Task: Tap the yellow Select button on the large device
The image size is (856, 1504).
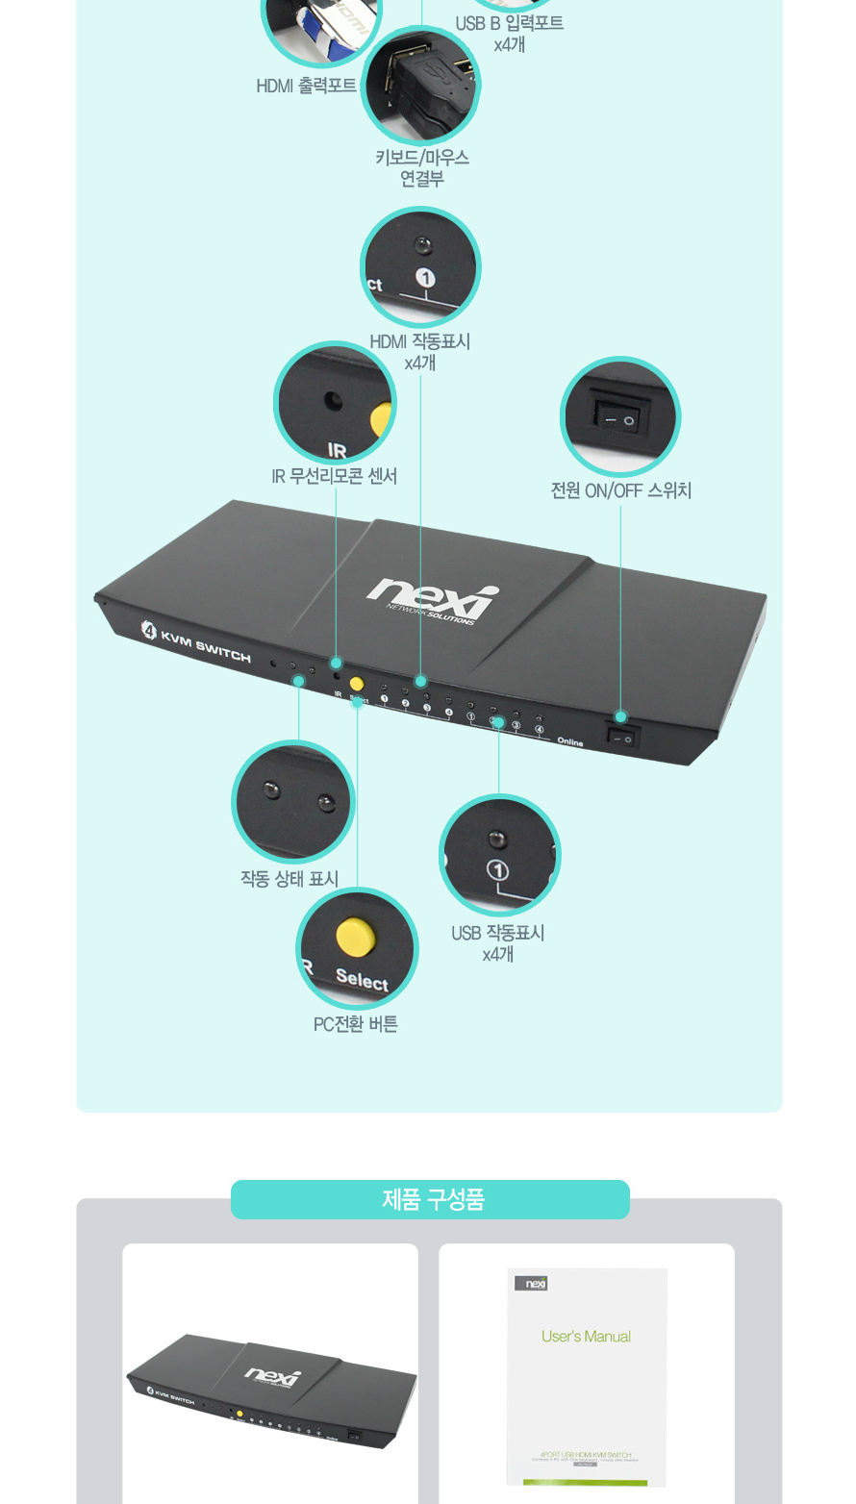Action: tap(356, 684)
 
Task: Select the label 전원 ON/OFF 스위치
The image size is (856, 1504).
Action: tap(620, 490)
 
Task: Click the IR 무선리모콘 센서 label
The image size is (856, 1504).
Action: tap(334, 476)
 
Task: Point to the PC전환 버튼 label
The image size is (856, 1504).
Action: tap(355, 1024)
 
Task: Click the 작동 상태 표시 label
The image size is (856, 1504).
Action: tap(289, 879)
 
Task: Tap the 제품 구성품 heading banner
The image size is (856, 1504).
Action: tap(430, 1199)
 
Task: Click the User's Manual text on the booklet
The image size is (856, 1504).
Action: tap(586, 1337)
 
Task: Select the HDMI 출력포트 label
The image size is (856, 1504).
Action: tap(306, 86)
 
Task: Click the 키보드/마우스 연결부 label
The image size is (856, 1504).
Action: tap(421, 167)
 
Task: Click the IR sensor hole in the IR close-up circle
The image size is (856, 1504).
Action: tap(334, 401)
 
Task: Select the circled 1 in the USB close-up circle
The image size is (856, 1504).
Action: tap(498, 871)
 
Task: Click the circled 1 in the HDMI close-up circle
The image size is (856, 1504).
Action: tap(425, 279)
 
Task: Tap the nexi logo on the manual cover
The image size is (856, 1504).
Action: tap(532, 1283)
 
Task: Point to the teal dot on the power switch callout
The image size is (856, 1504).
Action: tap(620, 716)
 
